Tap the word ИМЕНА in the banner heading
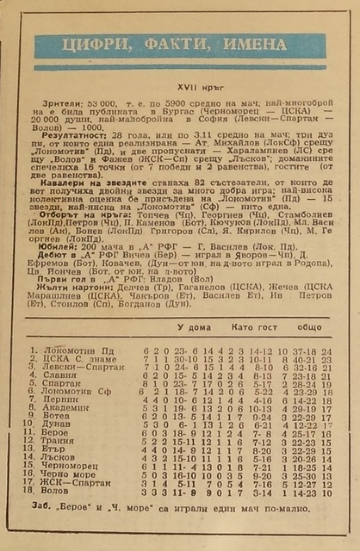(254, 45)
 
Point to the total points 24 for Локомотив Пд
(326, 352)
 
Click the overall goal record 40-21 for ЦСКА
(304, 360)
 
